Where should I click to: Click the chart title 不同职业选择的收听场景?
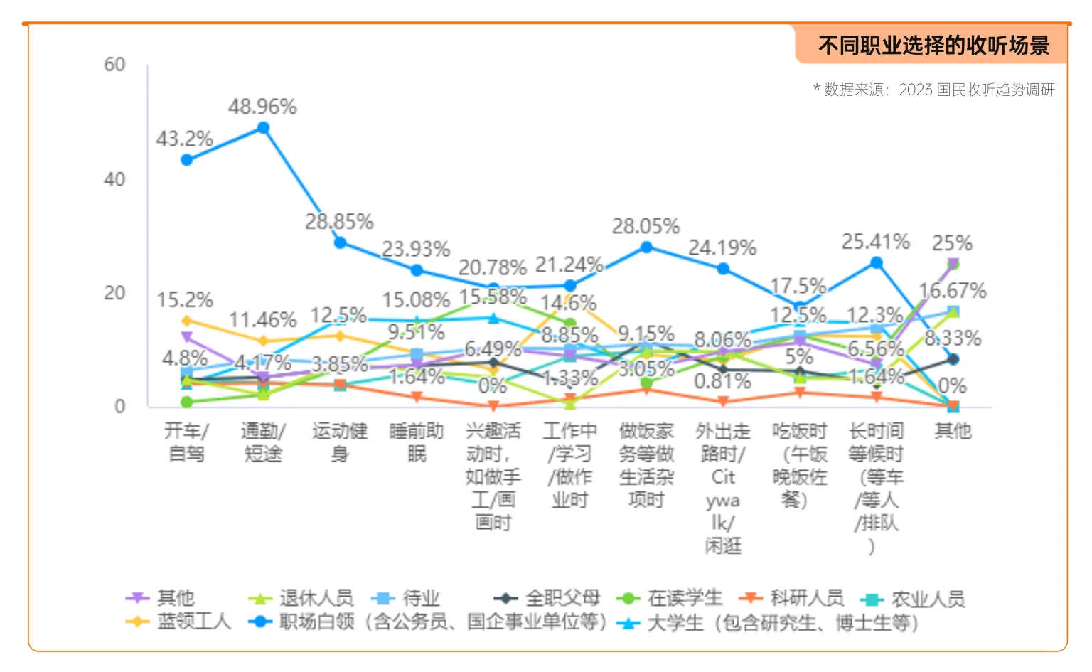pos(933,46)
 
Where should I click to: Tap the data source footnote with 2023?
pos(933,90)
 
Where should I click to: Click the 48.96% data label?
pos(262,107)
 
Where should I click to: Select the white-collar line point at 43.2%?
pos(186,160)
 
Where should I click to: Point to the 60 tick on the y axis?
pos(114,65)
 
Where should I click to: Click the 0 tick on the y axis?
pos(119,407)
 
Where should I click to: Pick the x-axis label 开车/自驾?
pos(186,442)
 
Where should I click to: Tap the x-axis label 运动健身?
pos(340,442)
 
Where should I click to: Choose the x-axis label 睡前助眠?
pos(417,442)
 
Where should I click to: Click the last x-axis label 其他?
pos(953,430)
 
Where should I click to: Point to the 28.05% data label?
pos(646,226)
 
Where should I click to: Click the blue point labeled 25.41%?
pos(877,263)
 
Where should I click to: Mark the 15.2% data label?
pos(185,300)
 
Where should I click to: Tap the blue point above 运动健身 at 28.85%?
pos(340,242)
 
